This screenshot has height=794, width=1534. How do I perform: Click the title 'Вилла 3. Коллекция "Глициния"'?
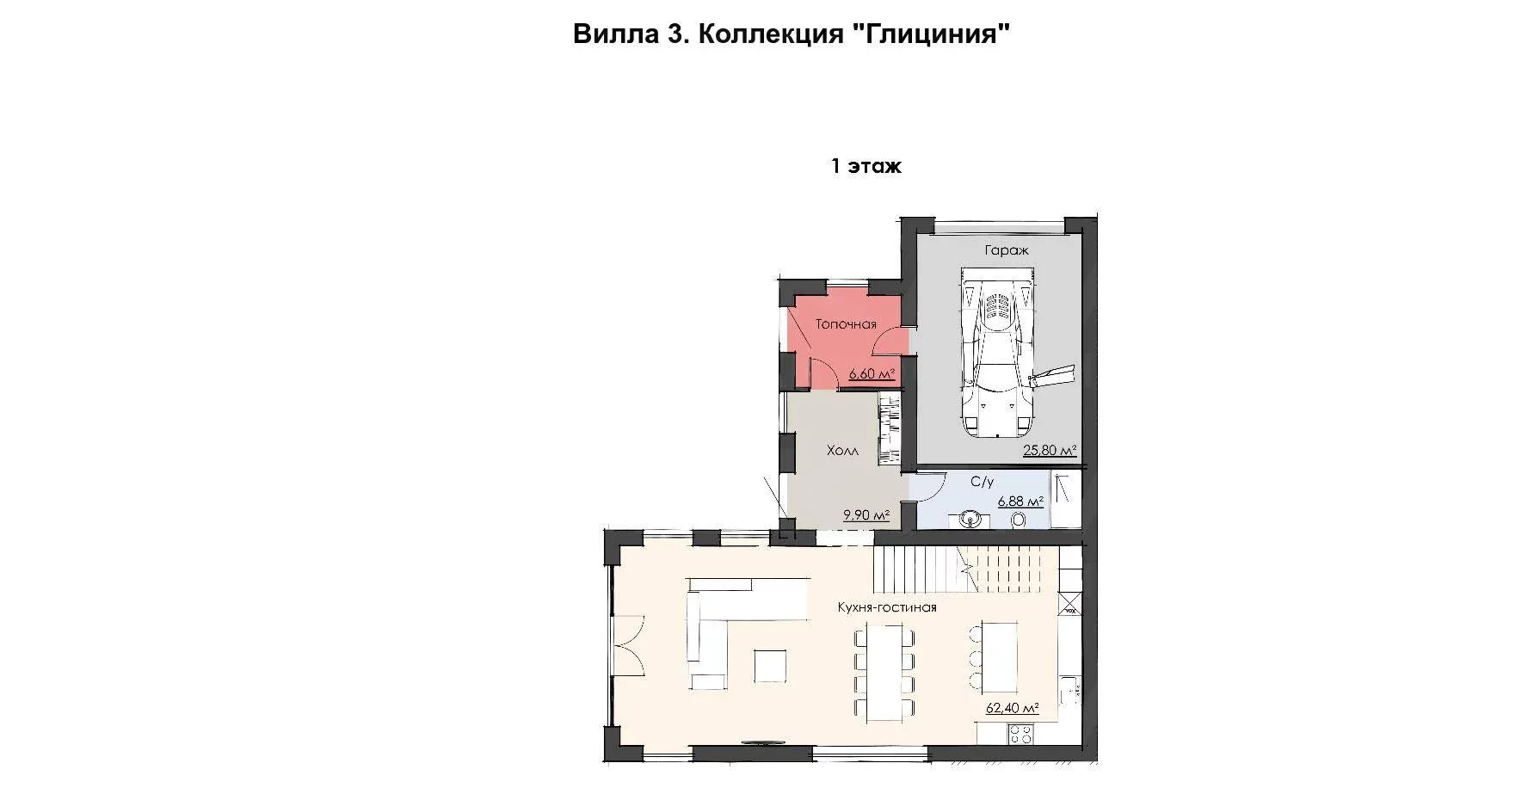pos(790,34)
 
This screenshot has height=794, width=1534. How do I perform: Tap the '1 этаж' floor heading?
pos(866,166)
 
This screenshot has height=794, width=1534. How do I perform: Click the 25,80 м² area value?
pos(1050,450)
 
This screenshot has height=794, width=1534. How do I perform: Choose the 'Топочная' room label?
pos(846,324)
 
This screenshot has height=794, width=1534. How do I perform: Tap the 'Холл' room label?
pos(842,451)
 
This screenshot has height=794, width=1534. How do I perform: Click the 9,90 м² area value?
pos(866,515)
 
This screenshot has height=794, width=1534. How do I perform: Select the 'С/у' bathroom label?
pos(982,483)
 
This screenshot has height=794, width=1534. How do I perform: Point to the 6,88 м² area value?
pos(1020,502)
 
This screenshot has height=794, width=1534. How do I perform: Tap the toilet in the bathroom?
pos(1020,520)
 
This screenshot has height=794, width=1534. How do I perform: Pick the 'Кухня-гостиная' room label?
pos(887,607)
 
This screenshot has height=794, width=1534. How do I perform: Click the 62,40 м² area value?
pos(1013,709)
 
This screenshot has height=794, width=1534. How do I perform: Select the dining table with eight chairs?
pos(884,673)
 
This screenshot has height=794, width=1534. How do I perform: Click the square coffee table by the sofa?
pos(168,665)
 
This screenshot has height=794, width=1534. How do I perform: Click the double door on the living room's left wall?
pos(626,645)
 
